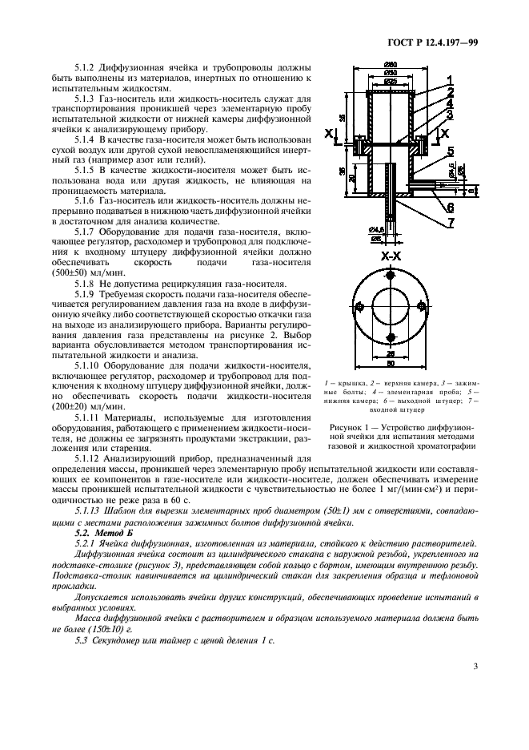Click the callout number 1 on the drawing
tap(449, 80)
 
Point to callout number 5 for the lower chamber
tap(450, 151)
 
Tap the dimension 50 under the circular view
tap(391, 365)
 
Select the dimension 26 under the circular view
tap(391, 353)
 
